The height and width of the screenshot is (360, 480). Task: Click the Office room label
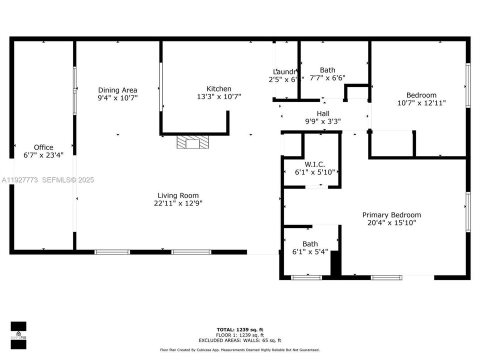coord(43,147)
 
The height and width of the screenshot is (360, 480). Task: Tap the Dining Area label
coord(117,90)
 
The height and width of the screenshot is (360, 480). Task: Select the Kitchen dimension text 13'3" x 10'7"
coord(219,97)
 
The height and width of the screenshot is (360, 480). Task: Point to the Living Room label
coord(178,195)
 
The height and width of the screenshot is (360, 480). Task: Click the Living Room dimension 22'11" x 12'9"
coord(178,203)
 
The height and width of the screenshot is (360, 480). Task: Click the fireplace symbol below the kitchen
coord(192,142)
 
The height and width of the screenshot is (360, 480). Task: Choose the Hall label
coord(322,113)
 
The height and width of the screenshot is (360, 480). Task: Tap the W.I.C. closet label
coord(314,164)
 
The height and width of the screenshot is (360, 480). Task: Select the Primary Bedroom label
coord(391,214)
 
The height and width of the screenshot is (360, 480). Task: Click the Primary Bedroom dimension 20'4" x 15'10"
coord(391,223)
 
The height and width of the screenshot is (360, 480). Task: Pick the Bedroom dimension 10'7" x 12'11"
coord(421,103)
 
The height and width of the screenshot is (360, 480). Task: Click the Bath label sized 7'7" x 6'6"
coord(327,70)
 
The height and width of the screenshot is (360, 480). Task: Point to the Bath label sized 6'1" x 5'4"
coord(310,244)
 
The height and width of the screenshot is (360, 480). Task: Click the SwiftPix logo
coord(18,333)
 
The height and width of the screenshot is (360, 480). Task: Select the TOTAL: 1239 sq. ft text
coord(240,329)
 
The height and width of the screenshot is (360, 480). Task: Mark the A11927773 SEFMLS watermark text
coord(47,180)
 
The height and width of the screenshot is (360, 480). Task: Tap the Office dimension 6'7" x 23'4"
coord(43,155)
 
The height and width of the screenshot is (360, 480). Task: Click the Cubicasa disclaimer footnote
coord(239,350)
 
